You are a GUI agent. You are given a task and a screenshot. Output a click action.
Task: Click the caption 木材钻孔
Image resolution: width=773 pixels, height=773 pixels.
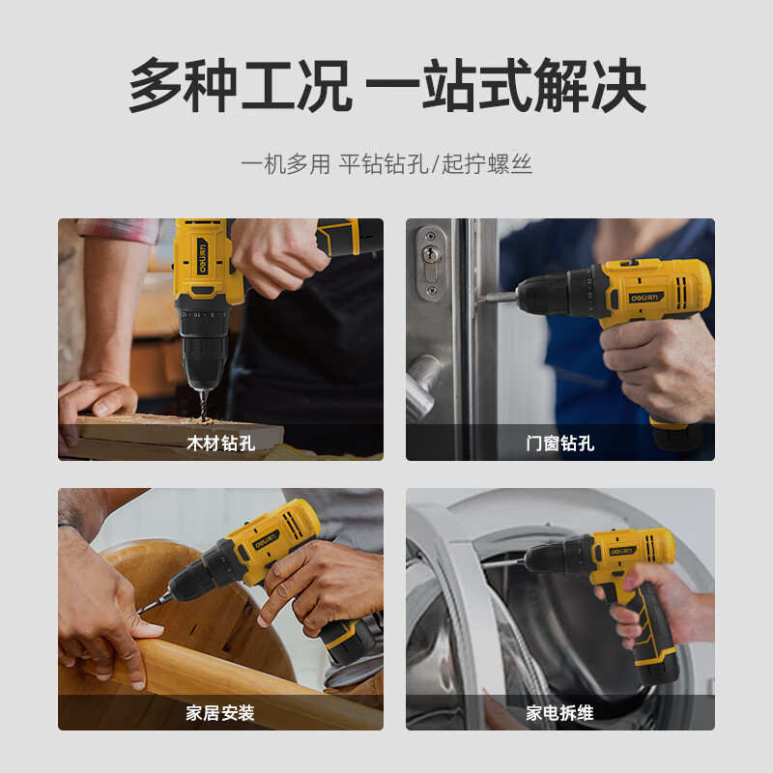click(x=221, y=444)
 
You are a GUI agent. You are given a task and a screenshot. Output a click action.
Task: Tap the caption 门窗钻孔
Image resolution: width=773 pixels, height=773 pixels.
click(x=560, y=444)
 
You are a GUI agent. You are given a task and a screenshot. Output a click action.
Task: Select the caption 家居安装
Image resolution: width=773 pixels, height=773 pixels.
click(x=220, y=713)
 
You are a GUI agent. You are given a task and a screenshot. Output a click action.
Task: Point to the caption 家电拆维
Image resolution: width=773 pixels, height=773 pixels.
click(x=559, y=713)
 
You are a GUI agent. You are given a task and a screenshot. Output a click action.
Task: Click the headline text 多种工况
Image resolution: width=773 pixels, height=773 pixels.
click(x=240, y=85)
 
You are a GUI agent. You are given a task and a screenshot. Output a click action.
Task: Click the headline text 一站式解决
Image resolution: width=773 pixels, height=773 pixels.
click(x=505, y=85)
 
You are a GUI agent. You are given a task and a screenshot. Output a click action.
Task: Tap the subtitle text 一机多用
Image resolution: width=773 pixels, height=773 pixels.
click(x=285, y=164)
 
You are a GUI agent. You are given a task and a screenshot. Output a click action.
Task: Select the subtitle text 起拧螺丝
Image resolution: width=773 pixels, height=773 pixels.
click(x=487, y=164)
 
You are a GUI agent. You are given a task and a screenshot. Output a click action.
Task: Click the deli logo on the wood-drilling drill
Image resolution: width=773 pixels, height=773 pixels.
click(x=202, y=256)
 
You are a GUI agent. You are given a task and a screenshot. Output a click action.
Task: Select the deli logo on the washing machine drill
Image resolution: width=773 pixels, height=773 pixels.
click(x=622, y=551)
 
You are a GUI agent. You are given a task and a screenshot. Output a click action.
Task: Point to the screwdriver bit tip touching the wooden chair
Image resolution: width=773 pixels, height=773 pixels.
click(x=141, y=612)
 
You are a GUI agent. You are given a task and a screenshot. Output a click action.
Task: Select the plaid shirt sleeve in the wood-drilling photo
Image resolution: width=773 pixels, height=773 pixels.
click(x=118, y=231)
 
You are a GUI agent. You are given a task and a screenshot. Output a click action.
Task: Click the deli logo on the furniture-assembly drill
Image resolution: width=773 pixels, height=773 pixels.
click(x=266, y=540)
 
